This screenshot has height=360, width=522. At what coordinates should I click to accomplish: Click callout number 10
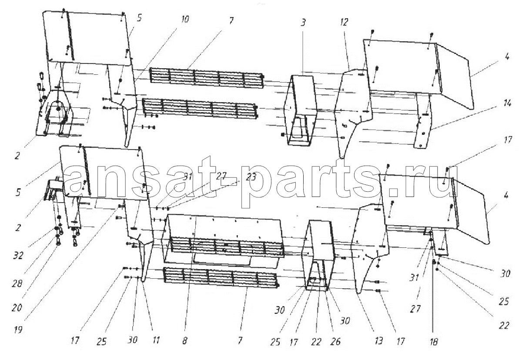point(184,19)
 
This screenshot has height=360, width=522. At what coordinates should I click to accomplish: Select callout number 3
point(303,22)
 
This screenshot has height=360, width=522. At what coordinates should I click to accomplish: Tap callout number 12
point(344,22)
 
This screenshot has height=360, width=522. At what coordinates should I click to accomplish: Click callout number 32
point(18,256)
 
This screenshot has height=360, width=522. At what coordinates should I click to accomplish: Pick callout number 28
point(17,283)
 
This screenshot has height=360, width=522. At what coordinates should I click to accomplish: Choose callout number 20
point(17,308)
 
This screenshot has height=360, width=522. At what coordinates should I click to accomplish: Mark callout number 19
point(18,330)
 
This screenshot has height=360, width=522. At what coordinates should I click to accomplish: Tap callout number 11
point(156,340)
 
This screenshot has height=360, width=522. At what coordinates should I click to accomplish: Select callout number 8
point(184,341)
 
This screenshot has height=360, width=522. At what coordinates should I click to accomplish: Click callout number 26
point(335,342)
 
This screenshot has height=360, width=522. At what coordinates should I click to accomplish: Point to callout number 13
point(379,341)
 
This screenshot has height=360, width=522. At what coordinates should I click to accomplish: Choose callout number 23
point(251,177)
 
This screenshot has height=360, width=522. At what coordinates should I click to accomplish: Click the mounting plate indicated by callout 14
point(423,121)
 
